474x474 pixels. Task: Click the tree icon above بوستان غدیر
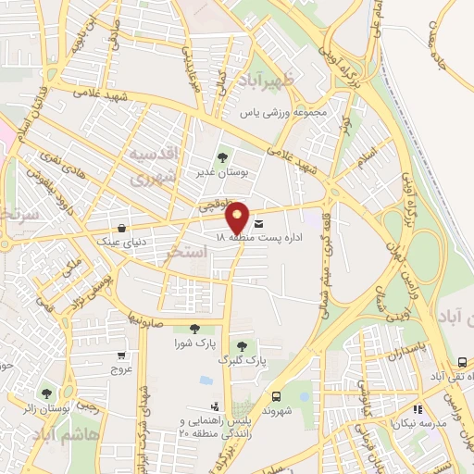click(220, 156)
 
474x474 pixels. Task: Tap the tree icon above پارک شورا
click(193, 328)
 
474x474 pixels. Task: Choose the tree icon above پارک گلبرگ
click(243, 344)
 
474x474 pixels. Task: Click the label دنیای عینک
click(121, 240)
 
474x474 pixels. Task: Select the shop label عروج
click(123, 370)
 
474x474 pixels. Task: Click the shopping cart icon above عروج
click(121, 355)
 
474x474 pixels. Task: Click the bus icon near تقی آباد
click(462, 363)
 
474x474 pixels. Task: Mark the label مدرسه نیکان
click(439, 408)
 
